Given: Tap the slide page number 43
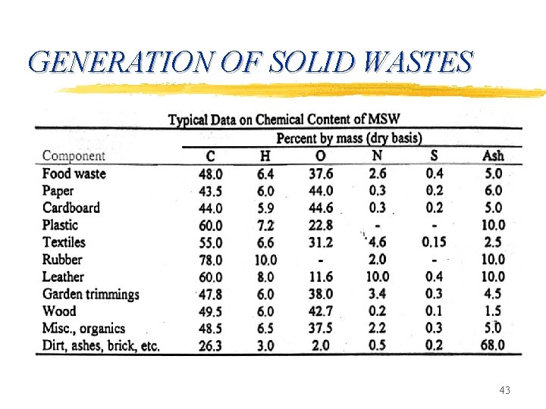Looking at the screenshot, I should click(504, 390).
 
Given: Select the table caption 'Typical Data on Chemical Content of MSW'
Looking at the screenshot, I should click(284, 120).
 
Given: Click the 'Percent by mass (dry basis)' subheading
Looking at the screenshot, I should click(350, 138).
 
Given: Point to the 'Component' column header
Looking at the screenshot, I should click(74, 156).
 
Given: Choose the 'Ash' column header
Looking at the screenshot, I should click(493, 156).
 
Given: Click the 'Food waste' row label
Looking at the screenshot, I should click(74, 173).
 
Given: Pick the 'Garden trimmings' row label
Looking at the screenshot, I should click(90, 294).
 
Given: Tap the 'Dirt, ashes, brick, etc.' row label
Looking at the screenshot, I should click(101, 346).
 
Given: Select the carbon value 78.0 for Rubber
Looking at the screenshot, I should click(210, 260).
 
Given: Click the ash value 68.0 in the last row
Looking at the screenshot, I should click(493, 346).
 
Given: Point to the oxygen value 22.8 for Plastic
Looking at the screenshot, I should click(320, 225).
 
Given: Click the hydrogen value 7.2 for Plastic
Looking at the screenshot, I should click(265, 225).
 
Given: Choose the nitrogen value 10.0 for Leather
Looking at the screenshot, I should click(377, 277).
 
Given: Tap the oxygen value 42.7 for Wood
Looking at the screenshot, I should click(320, 311).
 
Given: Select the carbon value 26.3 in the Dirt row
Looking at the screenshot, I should click(210, 346).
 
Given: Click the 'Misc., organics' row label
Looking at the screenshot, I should click(83, 329).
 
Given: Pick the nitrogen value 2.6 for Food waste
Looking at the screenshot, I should click(377, 173).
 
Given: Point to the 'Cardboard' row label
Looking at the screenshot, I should click(71, 208).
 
